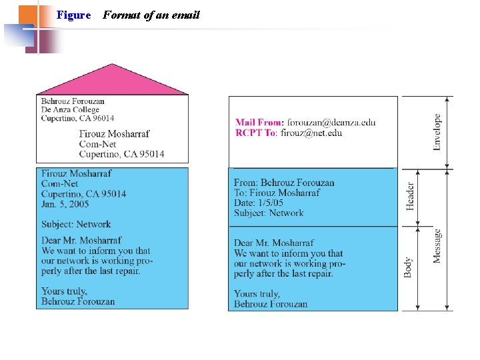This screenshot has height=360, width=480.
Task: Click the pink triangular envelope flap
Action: coord(112,81)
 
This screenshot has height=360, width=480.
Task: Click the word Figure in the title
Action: coord(73,15)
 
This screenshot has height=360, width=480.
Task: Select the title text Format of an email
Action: coord(151,15)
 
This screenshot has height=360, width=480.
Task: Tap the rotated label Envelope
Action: coord(437,131)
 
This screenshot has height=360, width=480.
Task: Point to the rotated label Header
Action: coord(411,196)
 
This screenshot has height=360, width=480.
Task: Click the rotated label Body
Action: coord(407,267)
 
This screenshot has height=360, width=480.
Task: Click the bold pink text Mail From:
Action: coord(259,123)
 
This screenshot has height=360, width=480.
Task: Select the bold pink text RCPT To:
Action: coord(256,133)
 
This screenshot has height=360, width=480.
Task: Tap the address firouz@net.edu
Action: coord(311,133)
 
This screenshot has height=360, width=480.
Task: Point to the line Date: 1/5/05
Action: coord(259,203)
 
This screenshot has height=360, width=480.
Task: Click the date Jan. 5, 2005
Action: coord(65,203)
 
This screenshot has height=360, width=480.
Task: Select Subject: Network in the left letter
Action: coord(76,224)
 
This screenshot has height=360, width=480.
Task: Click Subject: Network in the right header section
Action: coord(269,213)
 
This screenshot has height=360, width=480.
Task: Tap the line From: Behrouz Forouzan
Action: coord(284,183)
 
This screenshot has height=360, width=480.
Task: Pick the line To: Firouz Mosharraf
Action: coord(277,193)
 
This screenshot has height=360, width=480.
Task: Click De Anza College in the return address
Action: coord(70,110)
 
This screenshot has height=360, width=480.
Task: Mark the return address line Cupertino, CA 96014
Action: coord(77,119)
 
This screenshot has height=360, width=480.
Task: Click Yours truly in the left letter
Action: coord(64,291)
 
